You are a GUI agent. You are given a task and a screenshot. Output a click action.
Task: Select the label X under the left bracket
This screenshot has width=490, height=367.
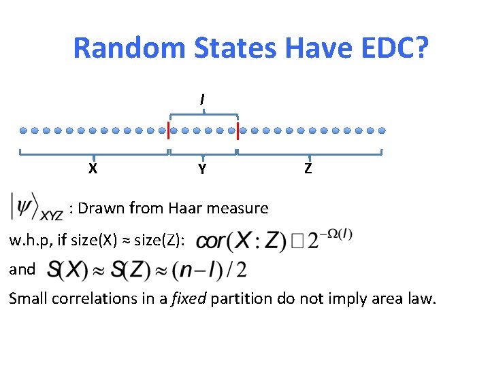[92, 169]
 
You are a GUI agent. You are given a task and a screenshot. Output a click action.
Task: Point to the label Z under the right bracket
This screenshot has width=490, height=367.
[308, 169]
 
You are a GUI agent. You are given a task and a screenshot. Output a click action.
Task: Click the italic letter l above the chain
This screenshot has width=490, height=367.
[202, 99]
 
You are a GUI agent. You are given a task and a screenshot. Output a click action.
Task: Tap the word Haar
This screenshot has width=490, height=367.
[180, 208]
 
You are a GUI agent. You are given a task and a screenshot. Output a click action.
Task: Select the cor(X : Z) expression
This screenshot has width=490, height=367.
[235, 241]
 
